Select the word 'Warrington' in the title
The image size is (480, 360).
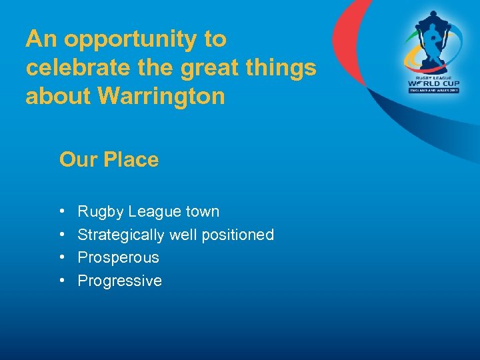point(161,97)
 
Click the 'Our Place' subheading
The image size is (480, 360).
point(109,160)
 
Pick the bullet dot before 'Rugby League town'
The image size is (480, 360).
point(62,212)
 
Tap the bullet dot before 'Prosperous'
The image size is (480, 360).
point(62,258)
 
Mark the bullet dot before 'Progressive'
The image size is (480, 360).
point(62,281)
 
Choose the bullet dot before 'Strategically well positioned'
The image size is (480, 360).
point(62,235)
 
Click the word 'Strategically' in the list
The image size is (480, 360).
point(121,235)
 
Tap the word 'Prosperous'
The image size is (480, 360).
point(118,257)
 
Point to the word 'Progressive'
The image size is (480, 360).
point(119,281)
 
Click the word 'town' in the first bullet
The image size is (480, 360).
point(202,212)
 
